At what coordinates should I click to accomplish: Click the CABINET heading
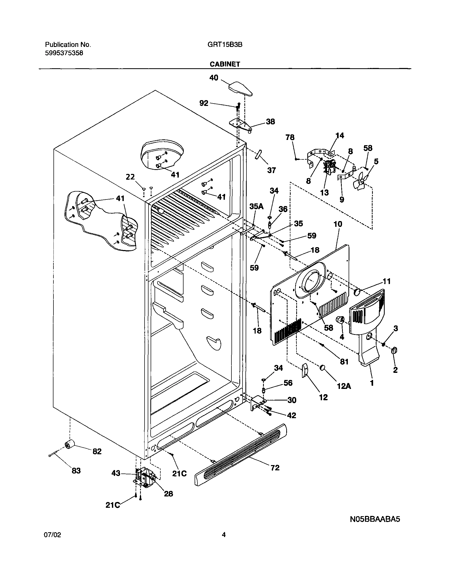point(225,64)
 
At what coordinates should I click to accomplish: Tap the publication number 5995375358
point(64,53)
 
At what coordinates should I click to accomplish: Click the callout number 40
point(214,77)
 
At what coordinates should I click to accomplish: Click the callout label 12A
point(344,386)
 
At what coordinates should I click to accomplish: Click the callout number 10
point(338,224)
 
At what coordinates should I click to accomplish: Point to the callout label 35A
point(256,206)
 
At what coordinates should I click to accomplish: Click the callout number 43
point(116,473)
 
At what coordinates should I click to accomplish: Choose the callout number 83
point(76,471)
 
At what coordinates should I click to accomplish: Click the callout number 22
point(130,177)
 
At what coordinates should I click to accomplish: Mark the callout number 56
point(288,383)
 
